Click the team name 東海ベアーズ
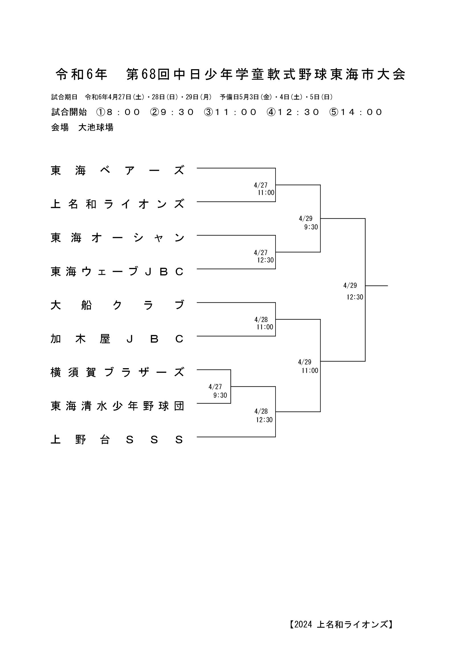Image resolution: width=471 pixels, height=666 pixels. (117, 171)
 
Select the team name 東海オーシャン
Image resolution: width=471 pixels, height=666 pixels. (117, 238)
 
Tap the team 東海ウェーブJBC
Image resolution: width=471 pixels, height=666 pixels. (117, 272)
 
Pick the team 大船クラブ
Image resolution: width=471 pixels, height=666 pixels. (117, 305)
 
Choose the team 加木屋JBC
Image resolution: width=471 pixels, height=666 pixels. (117, 339)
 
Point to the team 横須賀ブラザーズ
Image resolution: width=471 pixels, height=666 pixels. (117, 372)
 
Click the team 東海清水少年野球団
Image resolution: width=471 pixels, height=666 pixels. (117, 406)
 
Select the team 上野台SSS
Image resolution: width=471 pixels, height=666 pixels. (117, 440)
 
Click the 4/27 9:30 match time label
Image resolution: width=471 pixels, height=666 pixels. (218, 391)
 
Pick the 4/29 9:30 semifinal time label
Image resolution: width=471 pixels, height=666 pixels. (309, 223)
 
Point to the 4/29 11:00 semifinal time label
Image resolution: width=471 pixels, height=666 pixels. (308, 366)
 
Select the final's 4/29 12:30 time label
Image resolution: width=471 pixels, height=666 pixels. (353, 291)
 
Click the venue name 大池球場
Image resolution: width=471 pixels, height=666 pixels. (96, 127)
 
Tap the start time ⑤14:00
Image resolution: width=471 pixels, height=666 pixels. (356, 112)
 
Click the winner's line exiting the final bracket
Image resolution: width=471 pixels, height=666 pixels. (376, 286)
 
